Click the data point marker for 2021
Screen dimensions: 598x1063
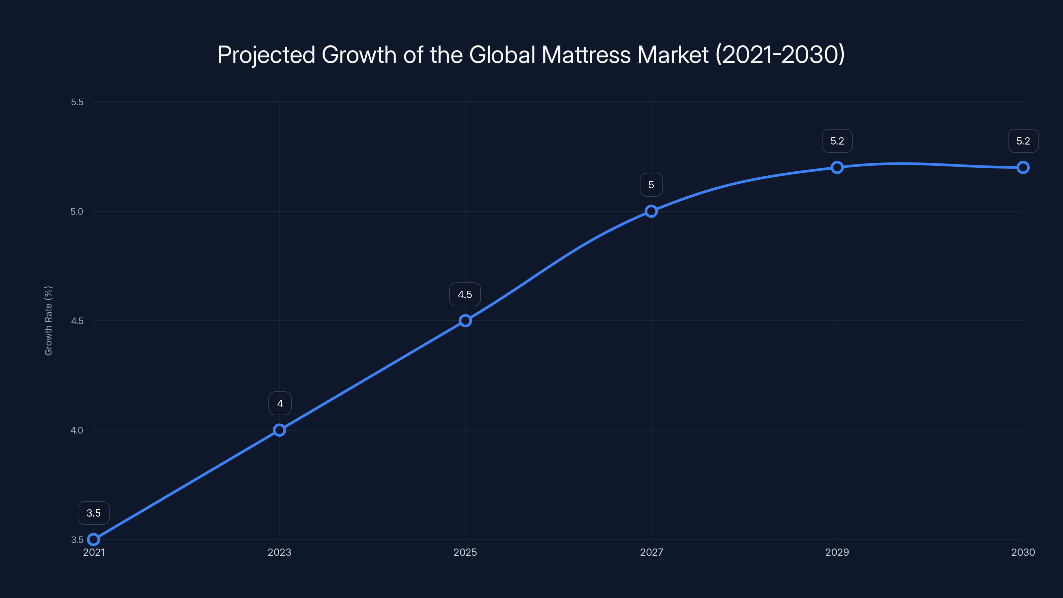(x=94, y=540)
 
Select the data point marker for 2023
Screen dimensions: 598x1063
(x=279, y=430)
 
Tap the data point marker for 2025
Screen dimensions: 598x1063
(x=465, y=321)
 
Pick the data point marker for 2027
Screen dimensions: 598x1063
(x=651, y=211)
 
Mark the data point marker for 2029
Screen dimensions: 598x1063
(x=837, y=167)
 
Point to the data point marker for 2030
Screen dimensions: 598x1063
(x=1023, y=167)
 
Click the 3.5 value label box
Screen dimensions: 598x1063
(x=94, y=513)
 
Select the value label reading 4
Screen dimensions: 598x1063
(x=280, y=403)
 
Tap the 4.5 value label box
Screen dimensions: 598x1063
(x=465, y=294)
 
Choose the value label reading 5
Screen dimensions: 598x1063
(x=651, y=185)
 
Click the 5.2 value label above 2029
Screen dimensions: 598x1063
(x=837, y=141)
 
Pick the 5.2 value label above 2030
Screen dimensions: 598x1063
(x=1023, y=141)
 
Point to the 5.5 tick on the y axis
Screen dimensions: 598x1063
(x=77, y=102)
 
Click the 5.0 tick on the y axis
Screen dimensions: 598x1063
(x=77, y=211)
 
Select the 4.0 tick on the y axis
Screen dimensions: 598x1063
(x=77, y=430)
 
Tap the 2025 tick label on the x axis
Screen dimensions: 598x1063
(x=465, y=552)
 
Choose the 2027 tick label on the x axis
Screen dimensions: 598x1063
(x=651, y=552)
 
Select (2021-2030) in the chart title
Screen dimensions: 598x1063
(x=780, y=54)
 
